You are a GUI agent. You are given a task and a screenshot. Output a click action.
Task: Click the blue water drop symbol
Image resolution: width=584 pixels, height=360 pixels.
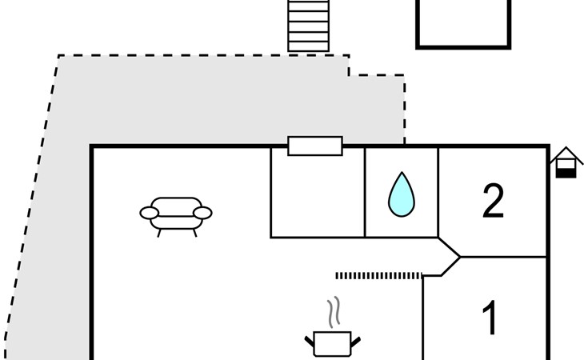coord(401,196)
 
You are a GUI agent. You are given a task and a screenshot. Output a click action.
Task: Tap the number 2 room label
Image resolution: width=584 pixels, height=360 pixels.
coord(493,202)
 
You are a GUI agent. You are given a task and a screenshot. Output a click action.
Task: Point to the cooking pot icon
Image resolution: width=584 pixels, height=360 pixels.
coord(333,343)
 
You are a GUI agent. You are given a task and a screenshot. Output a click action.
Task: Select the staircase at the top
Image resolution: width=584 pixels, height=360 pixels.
coord(309,26)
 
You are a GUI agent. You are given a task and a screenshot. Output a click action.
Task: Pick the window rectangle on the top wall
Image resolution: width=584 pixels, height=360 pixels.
coord(315,146)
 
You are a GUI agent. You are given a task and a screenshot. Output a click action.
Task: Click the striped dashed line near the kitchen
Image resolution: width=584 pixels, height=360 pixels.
coord(378,276)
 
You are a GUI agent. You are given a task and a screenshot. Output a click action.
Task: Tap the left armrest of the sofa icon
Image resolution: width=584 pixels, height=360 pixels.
coord(149,213)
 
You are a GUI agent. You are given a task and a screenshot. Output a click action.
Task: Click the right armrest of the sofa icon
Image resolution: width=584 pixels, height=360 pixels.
coord(203,213)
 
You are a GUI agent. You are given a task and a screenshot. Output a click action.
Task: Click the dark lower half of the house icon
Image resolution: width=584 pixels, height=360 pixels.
coord(566,170)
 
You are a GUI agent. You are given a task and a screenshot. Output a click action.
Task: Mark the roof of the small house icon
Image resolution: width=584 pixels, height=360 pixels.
coord(566,153)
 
